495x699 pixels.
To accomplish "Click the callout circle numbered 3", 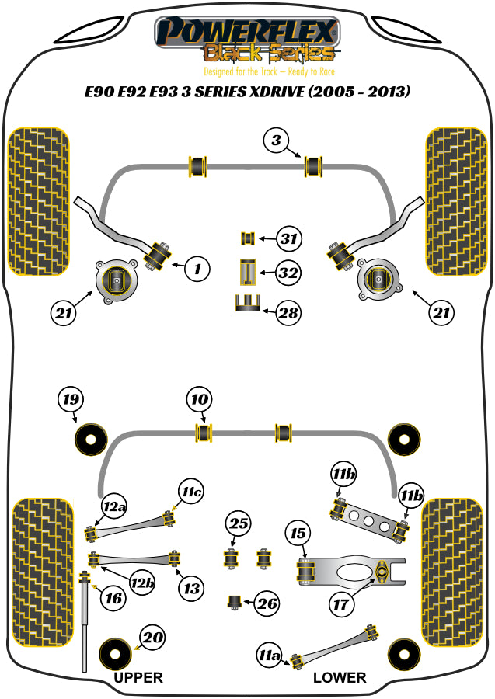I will [x=275, y=141].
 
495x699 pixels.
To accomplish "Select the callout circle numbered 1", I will [x=197, y=270].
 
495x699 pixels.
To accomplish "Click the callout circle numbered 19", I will [x=71, y=401].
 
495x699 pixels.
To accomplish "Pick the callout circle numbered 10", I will [x=199, y=400].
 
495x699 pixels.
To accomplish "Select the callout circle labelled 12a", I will [x=114, y=507].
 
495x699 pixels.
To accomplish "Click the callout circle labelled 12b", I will [x=141, y=582].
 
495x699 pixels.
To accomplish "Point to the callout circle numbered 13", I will [x=191, y=588].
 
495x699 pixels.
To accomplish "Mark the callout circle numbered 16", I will [x=113, y=598].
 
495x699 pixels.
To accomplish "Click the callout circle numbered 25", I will [x=239, y=525].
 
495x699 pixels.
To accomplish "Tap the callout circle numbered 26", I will [x=267, y=603].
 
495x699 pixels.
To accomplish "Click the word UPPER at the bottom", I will [x=138, y=677].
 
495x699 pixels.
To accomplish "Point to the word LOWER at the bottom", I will [x=339, y=677].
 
